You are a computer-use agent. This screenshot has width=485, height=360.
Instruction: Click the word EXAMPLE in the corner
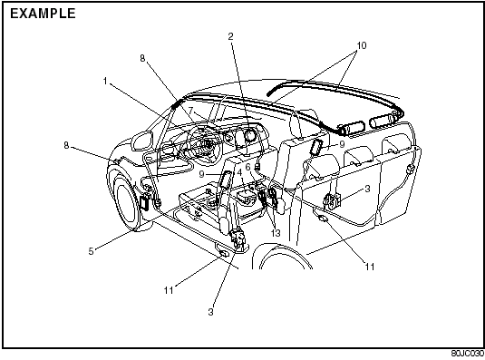[43, 14]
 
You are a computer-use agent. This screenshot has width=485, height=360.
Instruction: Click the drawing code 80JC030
[468, 354]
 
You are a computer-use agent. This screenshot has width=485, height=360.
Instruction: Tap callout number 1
[105, 81]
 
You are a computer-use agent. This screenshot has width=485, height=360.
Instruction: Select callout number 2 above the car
[230, 36]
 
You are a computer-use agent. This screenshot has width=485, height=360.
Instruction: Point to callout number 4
[239, 171]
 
